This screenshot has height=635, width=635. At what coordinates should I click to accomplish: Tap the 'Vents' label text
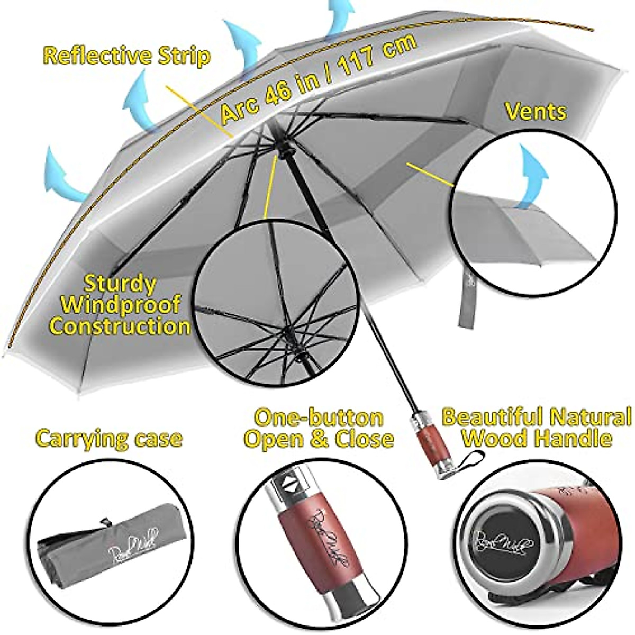pos(535,112)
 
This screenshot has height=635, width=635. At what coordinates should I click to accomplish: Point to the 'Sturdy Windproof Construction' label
pos(120,305)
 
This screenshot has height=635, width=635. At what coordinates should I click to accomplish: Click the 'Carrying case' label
pos(109,438)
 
